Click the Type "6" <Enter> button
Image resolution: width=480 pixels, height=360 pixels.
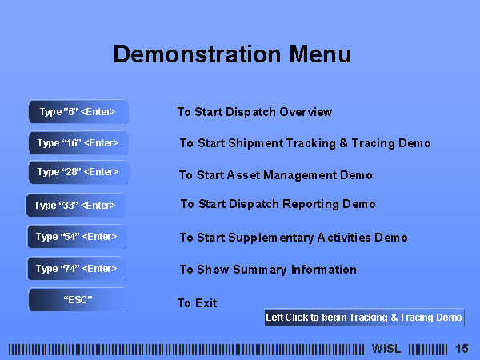78,112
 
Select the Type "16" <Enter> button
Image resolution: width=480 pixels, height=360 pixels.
78,142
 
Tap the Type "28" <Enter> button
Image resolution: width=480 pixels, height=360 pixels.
78,172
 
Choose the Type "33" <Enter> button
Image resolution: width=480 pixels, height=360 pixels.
76,205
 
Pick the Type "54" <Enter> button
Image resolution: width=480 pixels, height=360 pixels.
77,236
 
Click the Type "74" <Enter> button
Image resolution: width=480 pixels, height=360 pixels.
77,269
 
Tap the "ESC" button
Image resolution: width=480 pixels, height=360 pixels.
78,299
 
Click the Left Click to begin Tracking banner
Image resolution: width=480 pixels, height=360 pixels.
364,318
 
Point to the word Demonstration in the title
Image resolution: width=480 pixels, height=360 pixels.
197,54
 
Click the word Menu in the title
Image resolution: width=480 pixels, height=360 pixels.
320,54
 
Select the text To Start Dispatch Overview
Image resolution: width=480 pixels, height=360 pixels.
254,112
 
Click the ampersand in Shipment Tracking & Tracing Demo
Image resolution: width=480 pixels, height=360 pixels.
343,143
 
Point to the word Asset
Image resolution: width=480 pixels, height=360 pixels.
244,175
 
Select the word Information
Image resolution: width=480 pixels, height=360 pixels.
323,270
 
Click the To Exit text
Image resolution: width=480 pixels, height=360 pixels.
197,303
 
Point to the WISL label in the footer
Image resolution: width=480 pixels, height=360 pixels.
386,349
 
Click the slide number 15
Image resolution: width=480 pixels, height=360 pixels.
462,349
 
